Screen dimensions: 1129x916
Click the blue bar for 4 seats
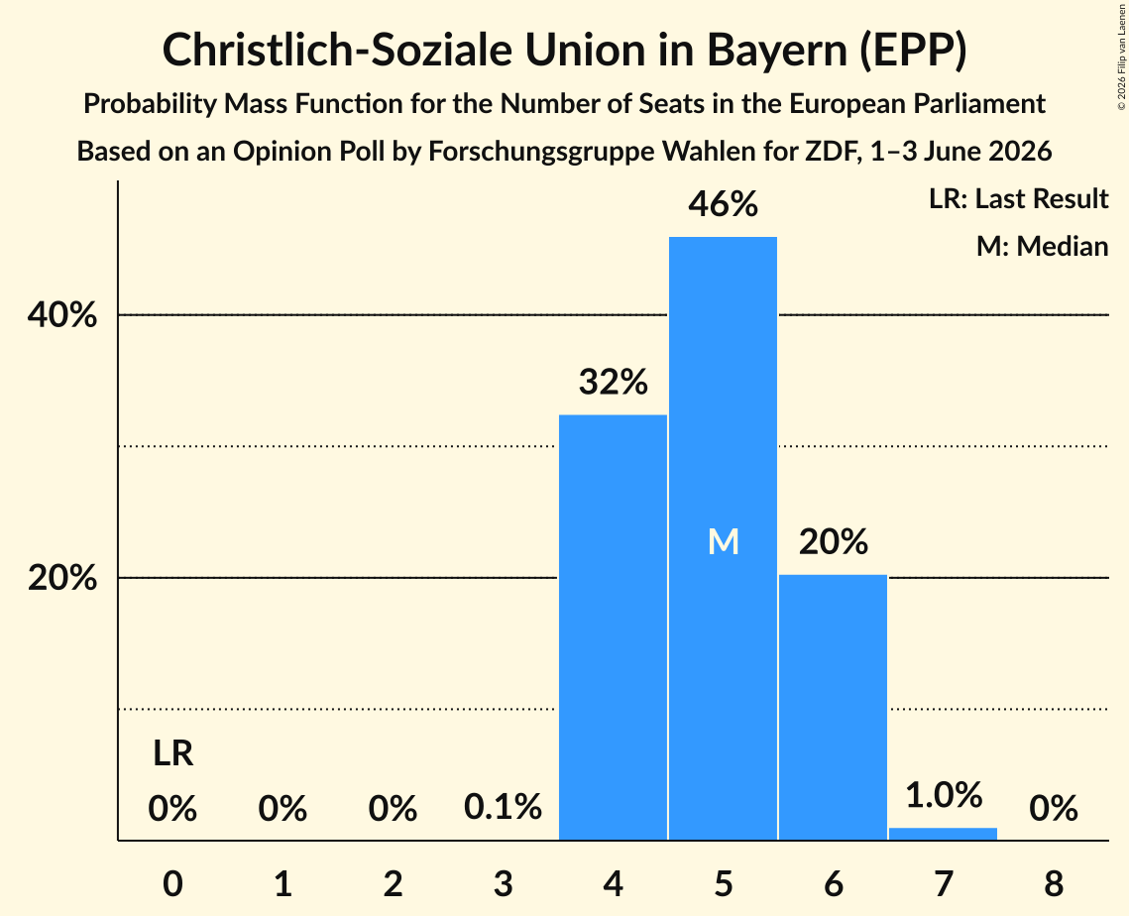pos(614,628)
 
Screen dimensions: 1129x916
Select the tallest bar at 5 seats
pos(723,538)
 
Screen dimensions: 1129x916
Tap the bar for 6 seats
pos(833,707)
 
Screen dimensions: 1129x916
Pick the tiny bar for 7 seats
pos(944,834)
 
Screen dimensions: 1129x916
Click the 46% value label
pos(723,204)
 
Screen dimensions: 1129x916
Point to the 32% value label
pos(614,383)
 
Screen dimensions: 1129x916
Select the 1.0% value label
pos(944,795)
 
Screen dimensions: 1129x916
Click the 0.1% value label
pos(503,807)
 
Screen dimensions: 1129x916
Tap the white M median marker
pos(723,541)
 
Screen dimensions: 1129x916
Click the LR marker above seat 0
pos(172,754)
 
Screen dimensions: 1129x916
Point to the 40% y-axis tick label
pos(61,315)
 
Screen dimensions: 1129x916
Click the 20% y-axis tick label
pos(61,578)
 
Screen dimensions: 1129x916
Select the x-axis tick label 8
pos(1054,883)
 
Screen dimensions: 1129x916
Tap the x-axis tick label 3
pos(503,883)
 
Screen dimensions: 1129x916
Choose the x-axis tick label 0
pos(172,883)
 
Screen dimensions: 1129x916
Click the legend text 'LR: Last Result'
pos(1018,198)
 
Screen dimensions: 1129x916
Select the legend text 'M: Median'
pos(1042,246)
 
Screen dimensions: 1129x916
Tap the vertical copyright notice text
pos(1121,57)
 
